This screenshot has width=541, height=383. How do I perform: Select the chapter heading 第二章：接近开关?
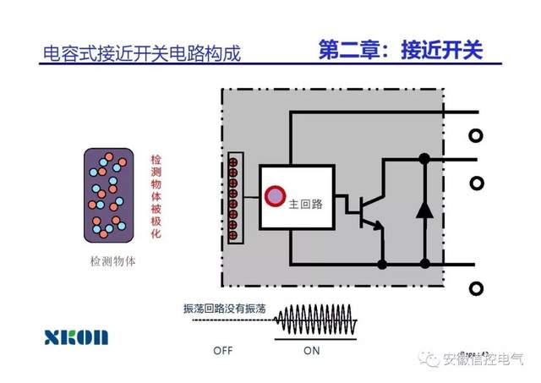pyautogui.click(x=400, y=50)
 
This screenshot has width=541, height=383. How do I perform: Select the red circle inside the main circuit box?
pyautogui.click(x=275, y=197)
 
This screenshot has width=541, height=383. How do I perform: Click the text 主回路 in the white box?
pyautogui.click(x=305, y=204)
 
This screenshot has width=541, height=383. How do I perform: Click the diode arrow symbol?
pyautogui.click(x=425, y=209)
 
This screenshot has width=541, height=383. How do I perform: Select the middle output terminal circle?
pyautogui.click(x=476, y=182)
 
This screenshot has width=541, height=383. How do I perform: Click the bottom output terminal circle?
pyautogui.click(x=476, y=289)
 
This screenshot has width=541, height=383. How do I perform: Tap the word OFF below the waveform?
pyautogui.click(x=223, y=350)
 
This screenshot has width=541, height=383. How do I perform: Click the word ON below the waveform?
pyautogui.click(x=312, y=350)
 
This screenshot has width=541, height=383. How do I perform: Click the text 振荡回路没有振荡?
pyautogui.click(x=225, y=309)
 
